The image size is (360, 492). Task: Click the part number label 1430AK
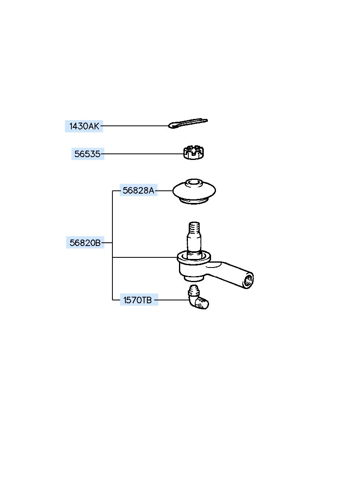point(84,126)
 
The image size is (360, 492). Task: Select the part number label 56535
point(88,154)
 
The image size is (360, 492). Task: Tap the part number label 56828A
point(138,190)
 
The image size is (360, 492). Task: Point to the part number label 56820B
point(85,243)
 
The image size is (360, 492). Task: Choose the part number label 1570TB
point(139,300)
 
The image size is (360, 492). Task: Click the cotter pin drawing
point(188,123)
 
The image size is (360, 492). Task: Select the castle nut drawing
point(194,153)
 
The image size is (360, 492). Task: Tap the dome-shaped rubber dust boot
point(194,191)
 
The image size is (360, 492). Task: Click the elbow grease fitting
point(198,300)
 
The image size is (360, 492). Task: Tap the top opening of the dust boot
point(194,182)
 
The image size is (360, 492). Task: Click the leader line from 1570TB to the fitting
point(173,300)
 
